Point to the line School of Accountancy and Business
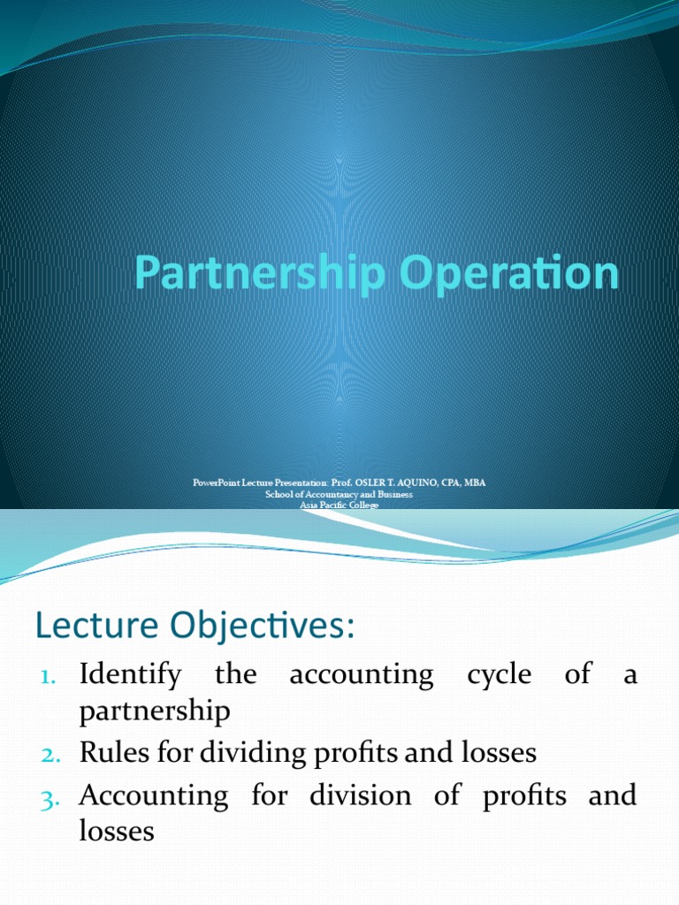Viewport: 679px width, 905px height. click(339, 494)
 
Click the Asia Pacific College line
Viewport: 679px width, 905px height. click(339, 505)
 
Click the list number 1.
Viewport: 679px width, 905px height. click(48, 677)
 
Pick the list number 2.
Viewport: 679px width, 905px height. click(48, 754)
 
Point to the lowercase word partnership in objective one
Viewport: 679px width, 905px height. click(156, 711)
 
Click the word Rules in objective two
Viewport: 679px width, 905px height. click(107, 753)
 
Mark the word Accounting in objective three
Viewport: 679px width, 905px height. click(153, 795)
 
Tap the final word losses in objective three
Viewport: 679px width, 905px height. click(117, 831)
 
